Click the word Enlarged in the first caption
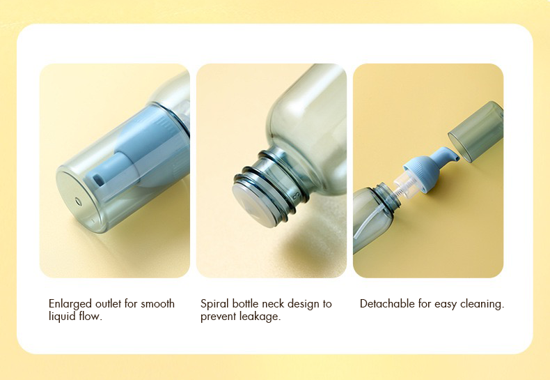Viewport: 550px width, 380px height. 70,304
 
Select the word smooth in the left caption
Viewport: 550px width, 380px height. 157,303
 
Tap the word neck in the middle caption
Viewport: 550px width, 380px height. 273,303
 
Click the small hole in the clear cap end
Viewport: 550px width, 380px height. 78,202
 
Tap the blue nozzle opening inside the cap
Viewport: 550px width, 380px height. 98,179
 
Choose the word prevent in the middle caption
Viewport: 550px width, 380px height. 219,317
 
